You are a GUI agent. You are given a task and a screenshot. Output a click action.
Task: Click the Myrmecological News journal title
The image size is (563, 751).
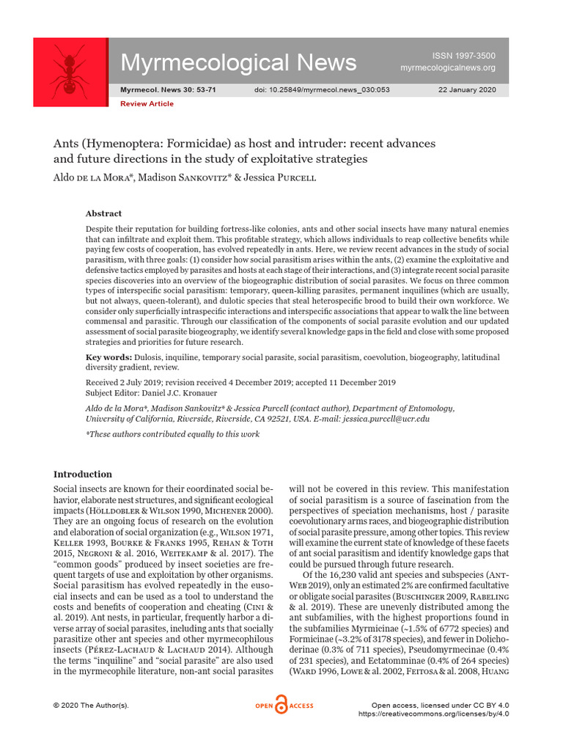pyautogui.click(x=238, y=62)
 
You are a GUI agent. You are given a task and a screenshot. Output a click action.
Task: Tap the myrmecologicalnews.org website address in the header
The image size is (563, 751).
pyautogui.click(x=447, y=68)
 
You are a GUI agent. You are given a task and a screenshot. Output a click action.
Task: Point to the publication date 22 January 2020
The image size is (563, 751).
pyautogui.click(x=466, y=90)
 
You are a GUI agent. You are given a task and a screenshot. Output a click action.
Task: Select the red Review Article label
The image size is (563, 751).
pyautogui.click(x=147, y=104)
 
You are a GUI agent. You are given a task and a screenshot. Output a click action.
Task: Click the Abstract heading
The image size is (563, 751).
pyautogui.click(x=103, y=213)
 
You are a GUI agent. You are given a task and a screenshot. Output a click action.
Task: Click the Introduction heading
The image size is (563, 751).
pyautogui.click(x=83, y=474)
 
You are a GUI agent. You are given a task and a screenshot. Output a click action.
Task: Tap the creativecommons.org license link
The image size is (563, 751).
pyautogui.click(x=433, y=714)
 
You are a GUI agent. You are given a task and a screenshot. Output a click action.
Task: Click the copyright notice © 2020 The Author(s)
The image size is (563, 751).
pyautogui.click(x=91, y=706)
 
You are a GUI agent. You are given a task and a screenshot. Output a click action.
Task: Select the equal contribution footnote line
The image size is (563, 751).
pyautogui.click(x=173, y=435)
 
